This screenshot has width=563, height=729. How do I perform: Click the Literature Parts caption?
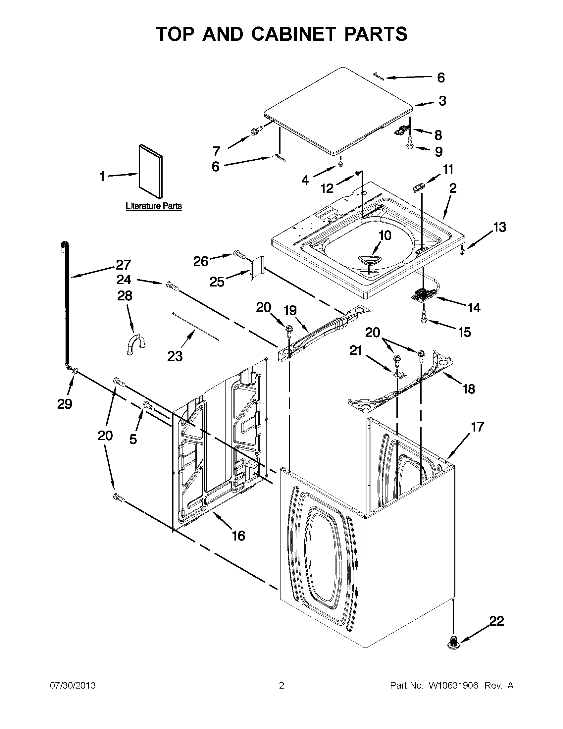(154, 206)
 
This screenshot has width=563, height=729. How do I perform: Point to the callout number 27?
(123, 265)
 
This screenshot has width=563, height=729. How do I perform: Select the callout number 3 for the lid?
(442, 101)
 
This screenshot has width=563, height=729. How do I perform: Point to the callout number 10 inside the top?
(384, 235)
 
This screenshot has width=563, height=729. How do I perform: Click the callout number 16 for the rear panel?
(238, 536)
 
